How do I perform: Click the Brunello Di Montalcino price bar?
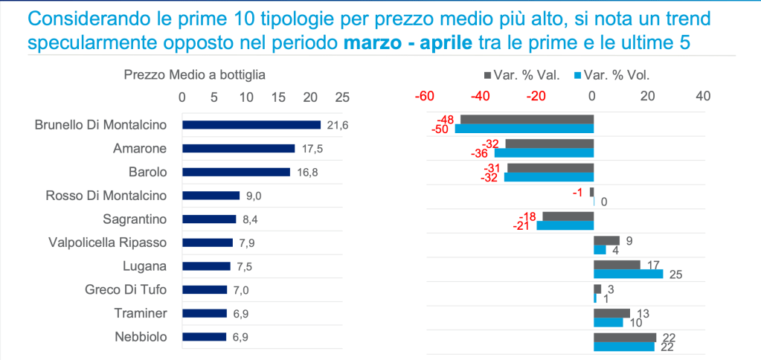(x=251, y=125)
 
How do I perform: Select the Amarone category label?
(x=140, y=149)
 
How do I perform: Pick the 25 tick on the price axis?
(x=342, y=96)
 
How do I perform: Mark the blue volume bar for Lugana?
(x=628, y=274)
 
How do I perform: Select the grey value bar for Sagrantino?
(x=568, y=216)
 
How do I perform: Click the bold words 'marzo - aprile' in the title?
(x=408, y=42)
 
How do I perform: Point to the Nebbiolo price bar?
(x=204, y=336)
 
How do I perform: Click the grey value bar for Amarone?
(x=550, y=144)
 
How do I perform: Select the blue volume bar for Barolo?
(x=549, y=177)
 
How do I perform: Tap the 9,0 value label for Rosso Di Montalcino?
(x=254, y=196)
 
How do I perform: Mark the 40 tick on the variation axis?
(x=703, y=96)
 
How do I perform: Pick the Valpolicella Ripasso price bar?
(x=208, y=242)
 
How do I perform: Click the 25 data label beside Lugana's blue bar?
(x=675, y=275)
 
